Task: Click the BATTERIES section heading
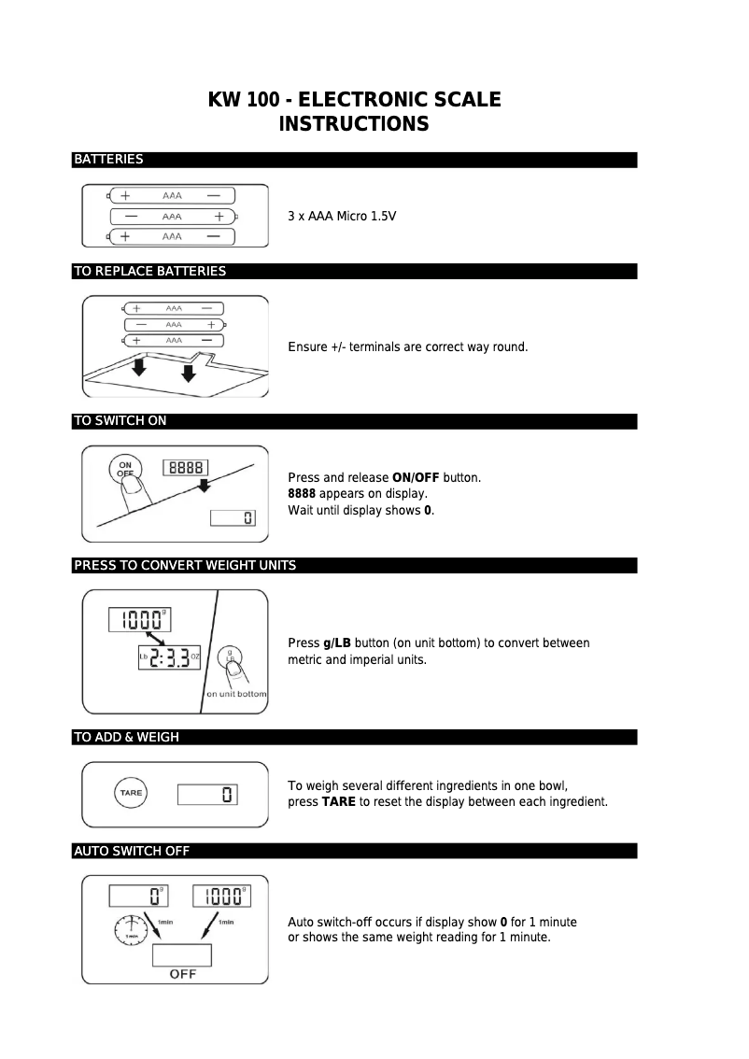(x=108, y=160)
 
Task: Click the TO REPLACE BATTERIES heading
(x=149, y=272)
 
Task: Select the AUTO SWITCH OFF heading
(x=132, y=851)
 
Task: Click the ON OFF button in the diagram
(x=125, y=469)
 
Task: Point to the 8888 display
(x=185, y=469)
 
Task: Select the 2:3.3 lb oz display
(x=170, y=657)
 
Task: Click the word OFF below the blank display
(x=182, y=974)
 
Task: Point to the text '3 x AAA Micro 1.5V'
(x=342, y=217)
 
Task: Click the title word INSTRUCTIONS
(x=354, y=124)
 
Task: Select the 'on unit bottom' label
(x=236, y=694)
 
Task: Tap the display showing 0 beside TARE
(x=208, y=796)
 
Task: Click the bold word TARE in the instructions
(x=338, y=802)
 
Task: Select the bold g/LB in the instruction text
(x=337, y=643)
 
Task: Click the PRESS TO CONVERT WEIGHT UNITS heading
(x=185, y=566)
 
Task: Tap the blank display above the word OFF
(x=182, y=955)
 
